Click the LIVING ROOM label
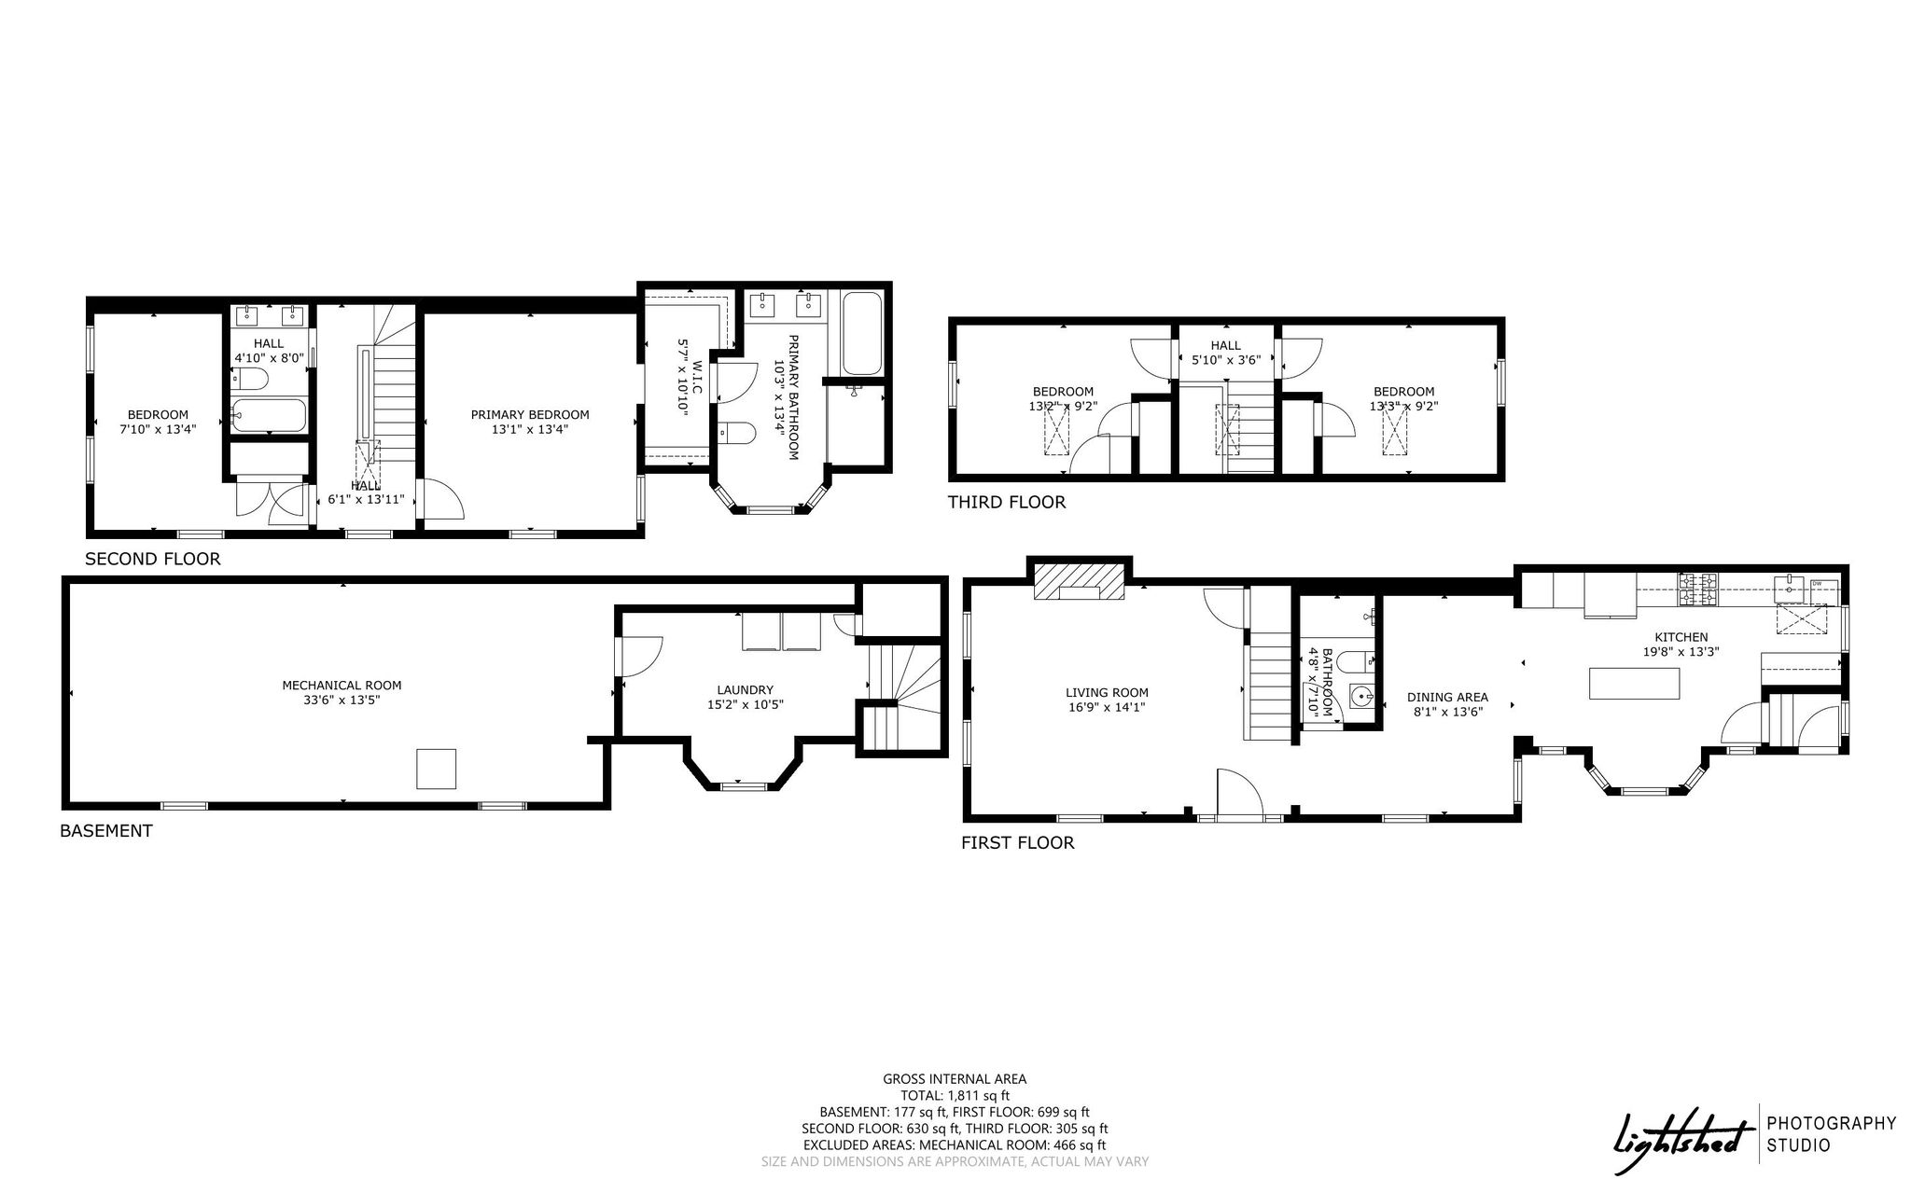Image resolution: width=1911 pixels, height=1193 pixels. [x=1107, y=693]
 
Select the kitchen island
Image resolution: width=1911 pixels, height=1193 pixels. [x=1635, y=684]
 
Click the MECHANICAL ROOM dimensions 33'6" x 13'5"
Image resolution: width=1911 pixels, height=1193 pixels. [x=342, y=700]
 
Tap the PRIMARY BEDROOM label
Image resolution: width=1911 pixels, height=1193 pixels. [x=530, y=415]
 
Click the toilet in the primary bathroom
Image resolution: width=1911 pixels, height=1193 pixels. [x=736, y=434]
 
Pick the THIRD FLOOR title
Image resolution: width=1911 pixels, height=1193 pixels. [x=1006, y=503]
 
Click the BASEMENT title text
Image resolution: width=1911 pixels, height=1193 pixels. [x=105, y=830]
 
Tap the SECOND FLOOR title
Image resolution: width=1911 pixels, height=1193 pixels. [x=152, y=560]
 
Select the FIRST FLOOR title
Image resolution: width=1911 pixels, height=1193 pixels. [x=1017, y=843]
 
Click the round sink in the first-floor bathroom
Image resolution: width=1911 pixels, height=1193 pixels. [x=1362, y=696]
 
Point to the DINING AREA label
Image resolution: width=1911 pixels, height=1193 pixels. [x=1447, y=697]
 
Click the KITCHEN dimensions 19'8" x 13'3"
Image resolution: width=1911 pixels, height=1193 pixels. [x=1681, y=652]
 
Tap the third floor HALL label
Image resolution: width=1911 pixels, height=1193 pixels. [x=1226, y=346]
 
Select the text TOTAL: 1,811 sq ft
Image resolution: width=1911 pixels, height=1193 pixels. [x=955, y=1096]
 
